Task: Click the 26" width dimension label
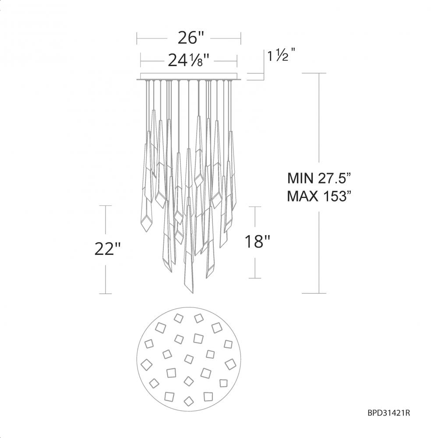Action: click(x=191, y=38)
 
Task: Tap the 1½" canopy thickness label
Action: click(x=282, y=55)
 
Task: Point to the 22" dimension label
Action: click(x=107, y=248)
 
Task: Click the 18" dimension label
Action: click(x=258, y=241)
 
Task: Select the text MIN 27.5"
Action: click(x=319, y=178)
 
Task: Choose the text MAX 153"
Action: click(x=319, y=196)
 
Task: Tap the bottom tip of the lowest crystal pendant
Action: click(x=192, y=293)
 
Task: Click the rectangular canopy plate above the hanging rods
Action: click(x=189, y=77)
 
